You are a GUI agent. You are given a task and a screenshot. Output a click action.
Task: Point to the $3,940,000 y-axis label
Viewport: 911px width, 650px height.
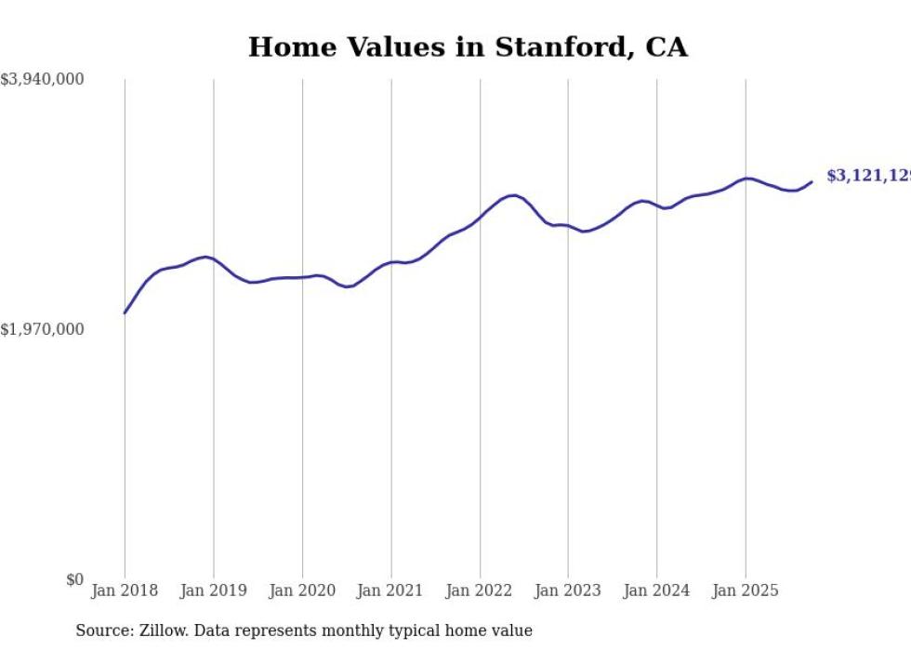(43, 80)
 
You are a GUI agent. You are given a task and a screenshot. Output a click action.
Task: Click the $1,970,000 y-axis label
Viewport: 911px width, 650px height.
(43, 329)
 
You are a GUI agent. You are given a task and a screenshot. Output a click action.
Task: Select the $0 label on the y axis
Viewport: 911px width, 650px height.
(74, 579)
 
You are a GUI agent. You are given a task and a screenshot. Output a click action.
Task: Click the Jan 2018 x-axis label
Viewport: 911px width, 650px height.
(125, 590)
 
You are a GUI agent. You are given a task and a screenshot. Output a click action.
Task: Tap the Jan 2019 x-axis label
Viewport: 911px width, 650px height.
(214, 590)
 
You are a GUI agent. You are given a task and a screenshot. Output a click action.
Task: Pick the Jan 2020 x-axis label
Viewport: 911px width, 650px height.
(302, 590)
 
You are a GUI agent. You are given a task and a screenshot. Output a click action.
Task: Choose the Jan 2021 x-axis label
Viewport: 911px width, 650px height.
(390, 590)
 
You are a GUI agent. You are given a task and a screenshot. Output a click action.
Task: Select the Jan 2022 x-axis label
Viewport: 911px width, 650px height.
(480, 590)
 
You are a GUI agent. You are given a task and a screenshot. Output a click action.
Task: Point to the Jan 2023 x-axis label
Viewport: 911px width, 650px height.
(568, 590)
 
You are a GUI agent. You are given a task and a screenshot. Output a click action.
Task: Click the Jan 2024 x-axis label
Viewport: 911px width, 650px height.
(656, 590)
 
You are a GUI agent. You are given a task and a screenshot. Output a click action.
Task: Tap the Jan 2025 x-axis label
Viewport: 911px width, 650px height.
(745, 590)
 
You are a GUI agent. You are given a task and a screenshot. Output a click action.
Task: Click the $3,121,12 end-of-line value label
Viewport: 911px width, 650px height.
(867, 176)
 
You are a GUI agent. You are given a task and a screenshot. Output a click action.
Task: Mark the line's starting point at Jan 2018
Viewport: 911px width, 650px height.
(125, 313)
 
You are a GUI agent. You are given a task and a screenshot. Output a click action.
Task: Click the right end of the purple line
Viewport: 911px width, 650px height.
(812, 182)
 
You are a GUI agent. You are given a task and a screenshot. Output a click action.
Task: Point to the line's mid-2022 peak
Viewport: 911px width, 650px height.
(512, 195)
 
